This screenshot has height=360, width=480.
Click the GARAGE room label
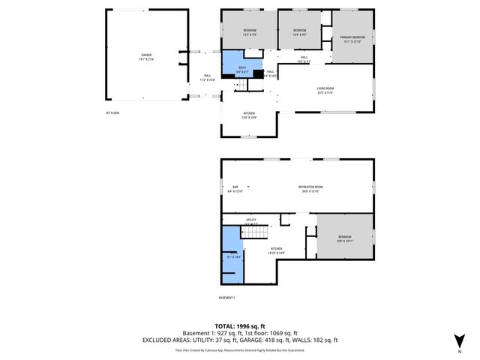(146, 57)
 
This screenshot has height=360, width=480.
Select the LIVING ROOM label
(325, 90)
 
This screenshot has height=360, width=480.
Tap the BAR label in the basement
(235, 187)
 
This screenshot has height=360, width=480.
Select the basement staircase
(254, 233)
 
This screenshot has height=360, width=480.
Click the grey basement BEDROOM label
(344, 238)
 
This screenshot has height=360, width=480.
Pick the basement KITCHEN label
(276, 250)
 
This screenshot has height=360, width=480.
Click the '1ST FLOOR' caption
(112, 113)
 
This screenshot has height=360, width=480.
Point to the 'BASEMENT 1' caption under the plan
(226, 298)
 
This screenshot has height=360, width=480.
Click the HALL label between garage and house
(207, 76)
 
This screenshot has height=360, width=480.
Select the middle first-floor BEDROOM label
(298, 31)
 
